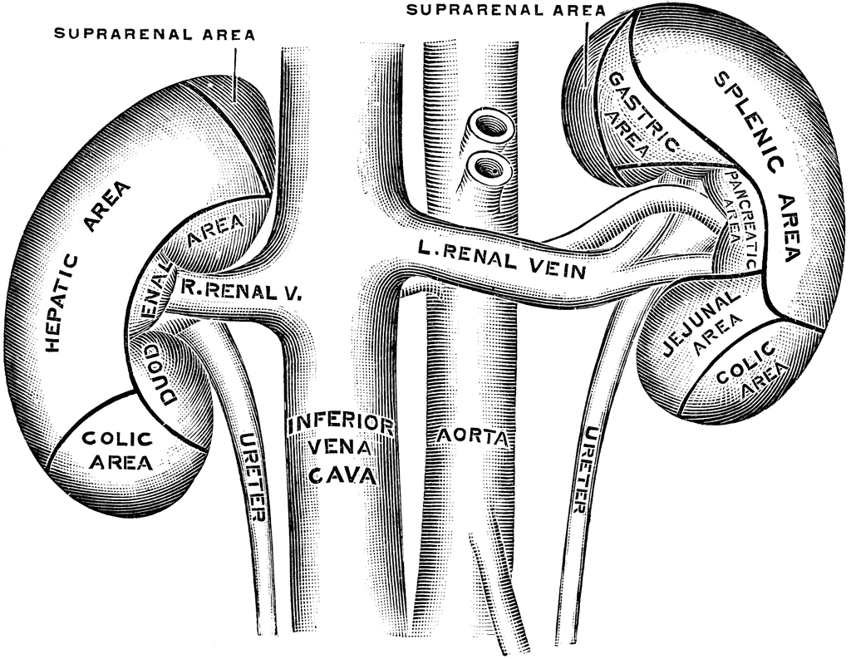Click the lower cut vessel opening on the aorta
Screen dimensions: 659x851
click(x=489, y=167)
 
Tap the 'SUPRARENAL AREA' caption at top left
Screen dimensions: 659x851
click(x=154, y=34)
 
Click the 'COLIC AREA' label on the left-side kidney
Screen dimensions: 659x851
click(x=116, y=450)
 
